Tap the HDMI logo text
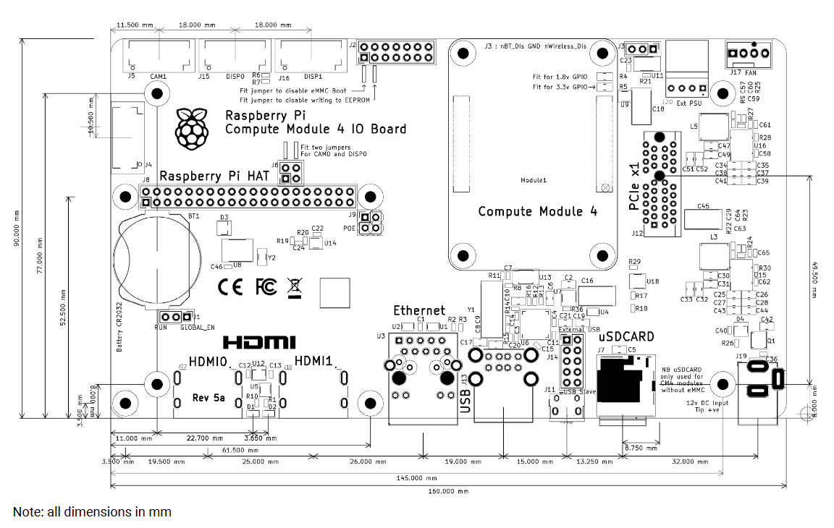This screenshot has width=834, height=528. coord(259,341)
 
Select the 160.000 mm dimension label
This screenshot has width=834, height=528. coord(437,491)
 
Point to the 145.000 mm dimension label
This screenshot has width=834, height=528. coord(416,478)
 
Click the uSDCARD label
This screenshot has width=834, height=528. coord(626,336)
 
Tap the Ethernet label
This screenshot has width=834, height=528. coord(419,310)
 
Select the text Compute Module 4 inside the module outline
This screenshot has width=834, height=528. coord(538,211)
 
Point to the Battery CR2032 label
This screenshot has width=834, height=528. coord(119,328)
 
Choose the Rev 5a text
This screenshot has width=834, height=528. coord(208,397)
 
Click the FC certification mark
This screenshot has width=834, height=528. coord(266,287)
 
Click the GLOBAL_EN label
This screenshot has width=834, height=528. coord(197,328)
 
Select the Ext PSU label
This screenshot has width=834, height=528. coord(691,103)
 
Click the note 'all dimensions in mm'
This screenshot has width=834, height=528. coord(92,512)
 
